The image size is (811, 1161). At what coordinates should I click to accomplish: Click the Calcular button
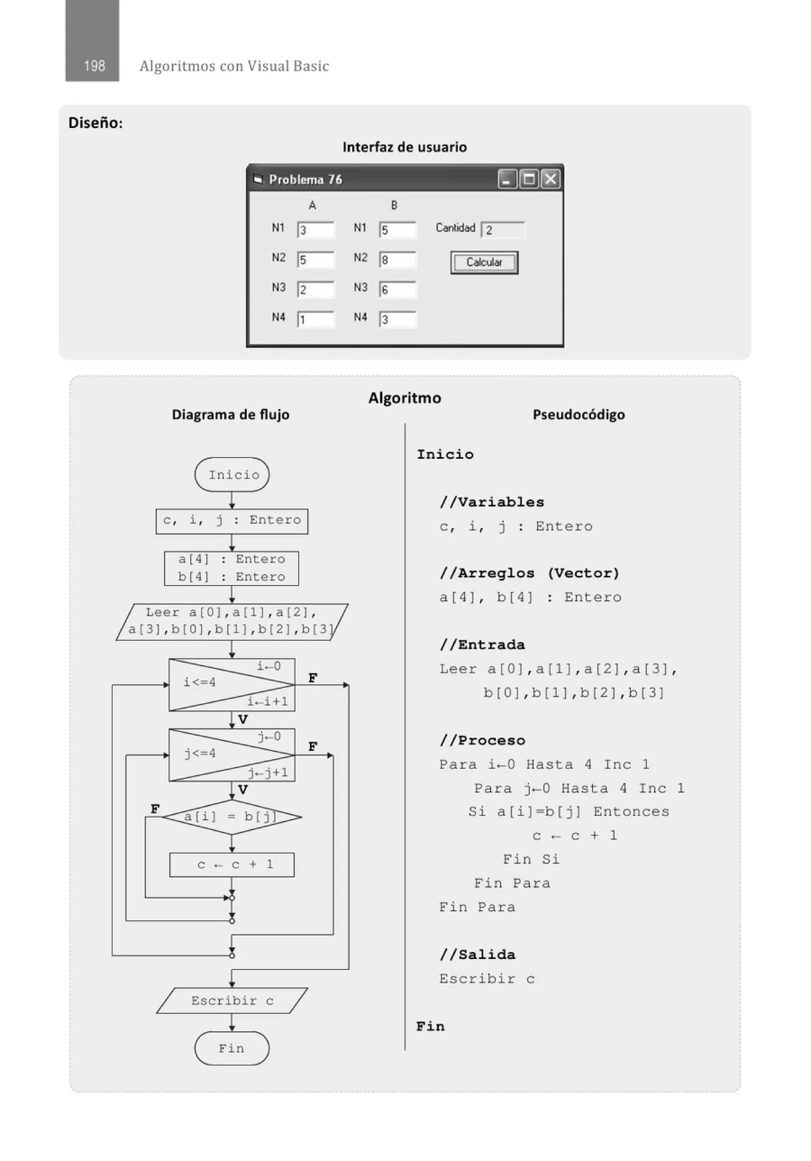click(x=484, y=263)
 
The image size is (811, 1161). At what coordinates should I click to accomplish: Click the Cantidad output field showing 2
click(x=503, y=230)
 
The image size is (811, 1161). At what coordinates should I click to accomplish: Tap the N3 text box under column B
click(x=398, y=290)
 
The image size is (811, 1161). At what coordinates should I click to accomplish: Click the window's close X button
click(x=550, y=179)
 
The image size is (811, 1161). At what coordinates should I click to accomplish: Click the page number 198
click(x=94, y=66)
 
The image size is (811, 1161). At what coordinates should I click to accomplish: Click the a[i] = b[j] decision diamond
click(x=232, y=817)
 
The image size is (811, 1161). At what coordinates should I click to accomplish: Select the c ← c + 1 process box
click(x=232, y=865)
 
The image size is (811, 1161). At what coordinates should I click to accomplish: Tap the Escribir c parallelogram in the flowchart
click(x=232, y=1001)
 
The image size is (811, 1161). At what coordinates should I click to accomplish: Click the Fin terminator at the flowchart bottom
click(x=232, y=1048)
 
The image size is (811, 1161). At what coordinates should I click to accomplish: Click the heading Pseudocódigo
click(x=579, y=415)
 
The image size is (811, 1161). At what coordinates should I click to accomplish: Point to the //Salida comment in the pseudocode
click(x=477, y=955)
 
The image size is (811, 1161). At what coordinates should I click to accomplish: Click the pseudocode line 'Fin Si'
click(x=531, y=859)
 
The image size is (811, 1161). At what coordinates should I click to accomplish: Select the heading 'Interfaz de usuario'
click(x=404, y=147)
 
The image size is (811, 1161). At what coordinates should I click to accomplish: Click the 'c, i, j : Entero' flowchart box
click(x=232, y=521)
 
